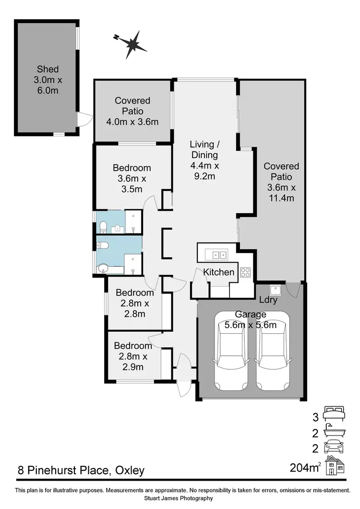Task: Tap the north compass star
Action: pos(132,43)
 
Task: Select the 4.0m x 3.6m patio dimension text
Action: pos(132,121)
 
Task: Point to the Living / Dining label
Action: pos(204,149)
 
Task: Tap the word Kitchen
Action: pos(219,272)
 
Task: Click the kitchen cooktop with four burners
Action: pos(246,272)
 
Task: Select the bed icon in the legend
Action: pos(334,413)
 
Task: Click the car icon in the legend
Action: pos(334,447)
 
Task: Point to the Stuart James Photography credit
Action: pos(180,498)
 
